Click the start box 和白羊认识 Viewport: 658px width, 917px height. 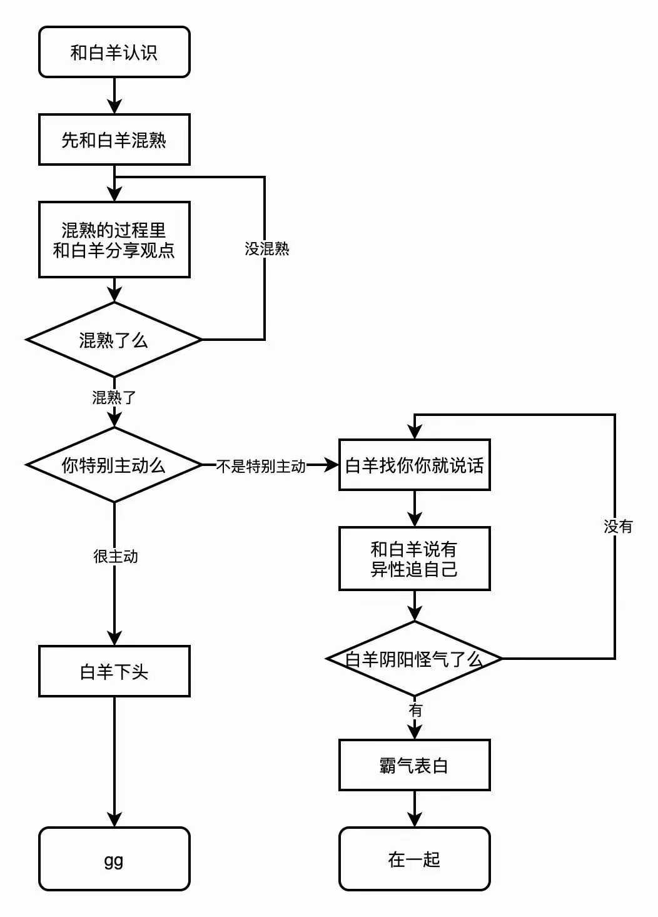pyautogui.click(x=114, y=52)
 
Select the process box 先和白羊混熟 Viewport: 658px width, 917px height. pyautogui.click(x=114, y=139)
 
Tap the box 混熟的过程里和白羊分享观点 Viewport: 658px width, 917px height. pyautogui.click(x=114, y=240)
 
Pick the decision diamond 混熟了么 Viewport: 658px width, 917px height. pyautogui.click(x=114, y=340)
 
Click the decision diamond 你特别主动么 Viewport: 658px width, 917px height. pyautogui.click(x=114, y=465)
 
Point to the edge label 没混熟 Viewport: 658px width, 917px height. pyautogui.click(x=267, y=249)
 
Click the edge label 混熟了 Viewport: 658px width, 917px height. pyautogui.click(x=114, y=397)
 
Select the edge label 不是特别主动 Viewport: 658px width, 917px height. pyautogui.click(x=261, y=466)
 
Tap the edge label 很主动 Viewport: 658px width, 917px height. pyautogui.click(x=116, y=556)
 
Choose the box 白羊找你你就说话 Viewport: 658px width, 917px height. pyautogui.click(x=414, y=465)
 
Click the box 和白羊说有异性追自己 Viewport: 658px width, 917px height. pyautogui.click(x=414, y=559)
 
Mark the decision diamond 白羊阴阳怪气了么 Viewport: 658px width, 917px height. pyautogui.click(x=414, y=659)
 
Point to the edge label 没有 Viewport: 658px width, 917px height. pyautogui.click(x=618, y=527)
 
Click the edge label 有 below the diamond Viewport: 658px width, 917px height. pyautogui.click(x=415, y=710)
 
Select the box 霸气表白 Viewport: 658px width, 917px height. pyautogui.click(x=414, y=765)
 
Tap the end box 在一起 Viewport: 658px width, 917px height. pyautogui.click(x=414, y=859)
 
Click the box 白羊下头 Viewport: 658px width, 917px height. pyautogui.click(x=114, y=671)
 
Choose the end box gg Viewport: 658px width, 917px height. pyautogui.click(x=114, y=859)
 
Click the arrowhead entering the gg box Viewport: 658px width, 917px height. pyautogui.click(x=114, y=820)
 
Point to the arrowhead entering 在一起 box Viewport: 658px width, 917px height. pyautogui.click(x=415, y=820)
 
